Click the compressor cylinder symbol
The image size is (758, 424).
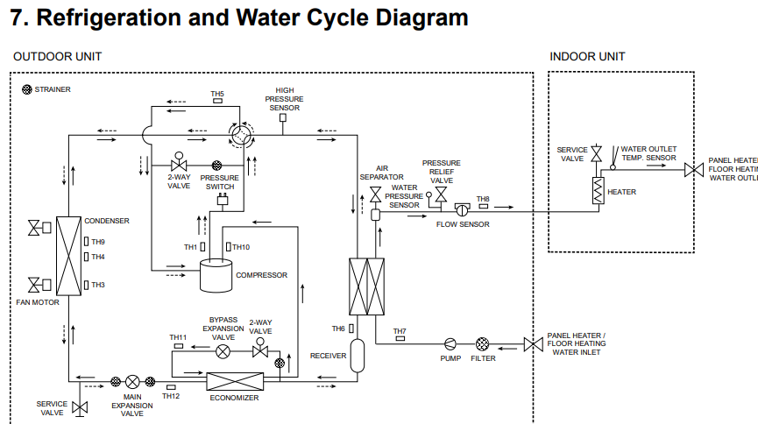[x=216, y=275]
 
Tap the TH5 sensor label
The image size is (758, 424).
[x=217, y=94]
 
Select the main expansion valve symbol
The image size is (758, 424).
[x=132, y=382]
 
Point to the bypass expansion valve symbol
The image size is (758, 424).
[x=223, y=351]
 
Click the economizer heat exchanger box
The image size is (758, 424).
[x=235, y=381]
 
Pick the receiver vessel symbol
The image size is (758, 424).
[x=358, y=356]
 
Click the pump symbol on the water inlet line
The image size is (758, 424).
[x=450, y=344]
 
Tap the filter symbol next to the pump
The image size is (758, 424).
[x=483, y=344]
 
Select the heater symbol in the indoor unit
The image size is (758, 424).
[x=599, y=190]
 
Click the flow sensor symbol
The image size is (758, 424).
[x=462, y=209]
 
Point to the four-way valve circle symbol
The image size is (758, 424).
[x=240, y=134]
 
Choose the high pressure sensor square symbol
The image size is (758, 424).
[x=283, y=117]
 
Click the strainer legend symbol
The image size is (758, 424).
[x=27, y=89]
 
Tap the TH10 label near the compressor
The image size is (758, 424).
[x=241, y=247]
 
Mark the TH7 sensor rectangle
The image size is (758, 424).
[x=400, y=338]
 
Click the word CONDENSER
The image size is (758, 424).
[x=107, y=221]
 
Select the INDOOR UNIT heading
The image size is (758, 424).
[x=587, y=57]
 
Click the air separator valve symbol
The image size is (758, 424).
[x=376, y=194]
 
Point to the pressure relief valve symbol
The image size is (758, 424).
[x=441, y=194]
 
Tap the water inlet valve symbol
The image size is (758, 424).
[x=533, y=344]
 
